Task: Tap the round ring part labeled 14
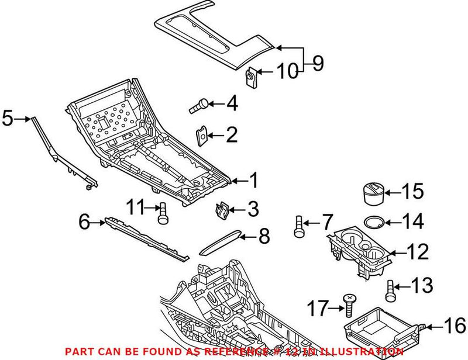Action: coord(374,222)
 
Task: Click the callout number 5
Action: coord(8,118)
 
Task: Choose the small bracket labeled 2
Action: coord(202,136)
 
